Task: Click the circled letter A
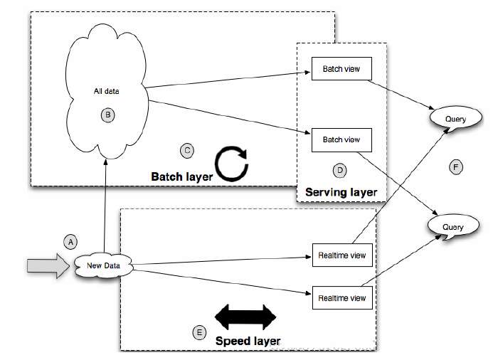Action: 70,241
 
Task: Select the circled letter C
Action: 187,150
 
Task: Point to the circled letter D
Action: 339,170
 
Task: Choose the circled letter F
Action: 457,167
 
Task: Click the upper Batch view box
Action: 341,70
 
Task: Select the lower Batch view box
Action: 341,139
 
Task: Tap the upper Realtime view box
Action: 342,255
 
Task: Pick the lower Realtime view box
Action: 342,297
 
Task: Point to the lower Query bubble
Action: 453,227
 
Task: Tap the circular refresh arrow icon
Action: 232,163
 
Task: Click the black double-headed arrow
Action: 245,316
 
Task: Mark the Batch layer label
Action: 181,175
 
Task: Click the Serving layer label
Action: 341,192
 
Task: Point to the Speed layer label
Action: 248,340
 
